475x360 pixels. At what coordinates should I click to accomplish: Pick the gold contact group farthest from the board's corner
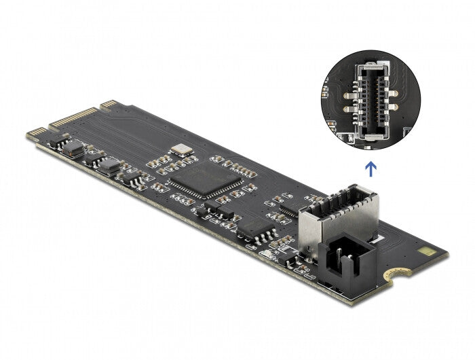point(108,103)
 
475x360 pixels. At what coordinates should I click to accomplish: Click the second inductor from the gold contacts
point(110,166)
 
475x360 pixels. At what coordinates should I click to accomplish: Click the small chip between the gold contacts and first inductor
point(57,140)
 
